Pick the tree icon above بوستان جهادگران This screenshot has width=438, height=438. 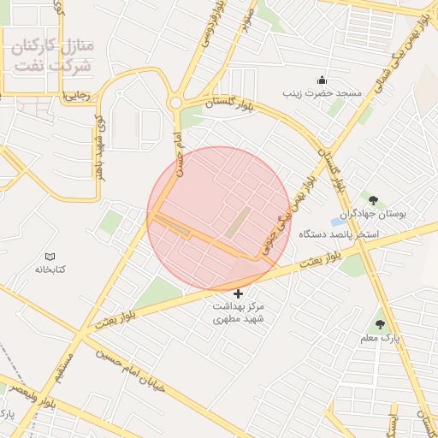[x=372, y=200]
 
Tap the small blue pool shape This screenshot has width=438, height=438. [x=336, y=223]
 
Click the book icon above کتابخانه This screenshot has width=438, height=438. [x=50, y=256]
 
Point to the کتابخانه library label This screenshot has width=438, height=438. [x=50, y=269]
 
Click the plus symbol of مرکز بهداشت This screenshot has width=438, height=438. [x=238, y=293]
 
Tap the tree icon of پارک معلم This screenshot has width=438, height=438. [x=379, y=325]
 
